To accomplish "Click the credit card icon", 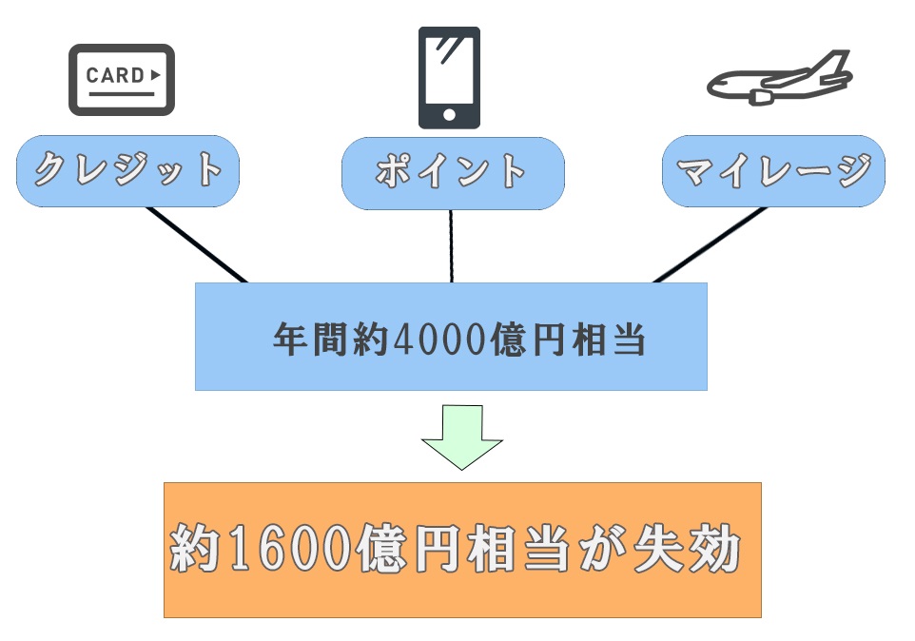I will (121, 80).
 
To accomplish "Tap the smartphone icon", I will (450, 77).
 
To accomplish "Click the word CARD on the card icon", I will (114, 75).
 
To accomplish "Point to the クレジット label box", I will (127, 171).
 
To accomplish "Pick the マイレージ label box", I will (773, 171).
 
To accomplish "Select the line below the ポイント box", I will (452, 245).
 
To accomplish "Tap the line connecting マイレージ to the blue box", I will (710, 244).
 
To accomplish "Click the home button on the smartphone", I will (450, 116).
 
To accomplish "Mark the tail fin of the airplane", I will (834, 65).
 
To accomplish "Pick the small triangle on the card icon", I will (157, 73).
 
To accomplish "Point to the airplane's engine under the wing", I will (762, 97).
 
